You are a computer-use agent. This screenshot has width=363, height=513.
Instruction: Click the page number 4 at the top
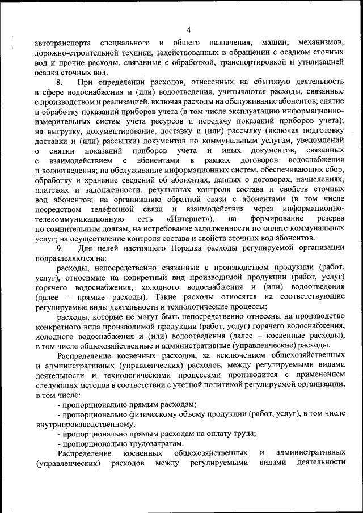click(x=188, y=30)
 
